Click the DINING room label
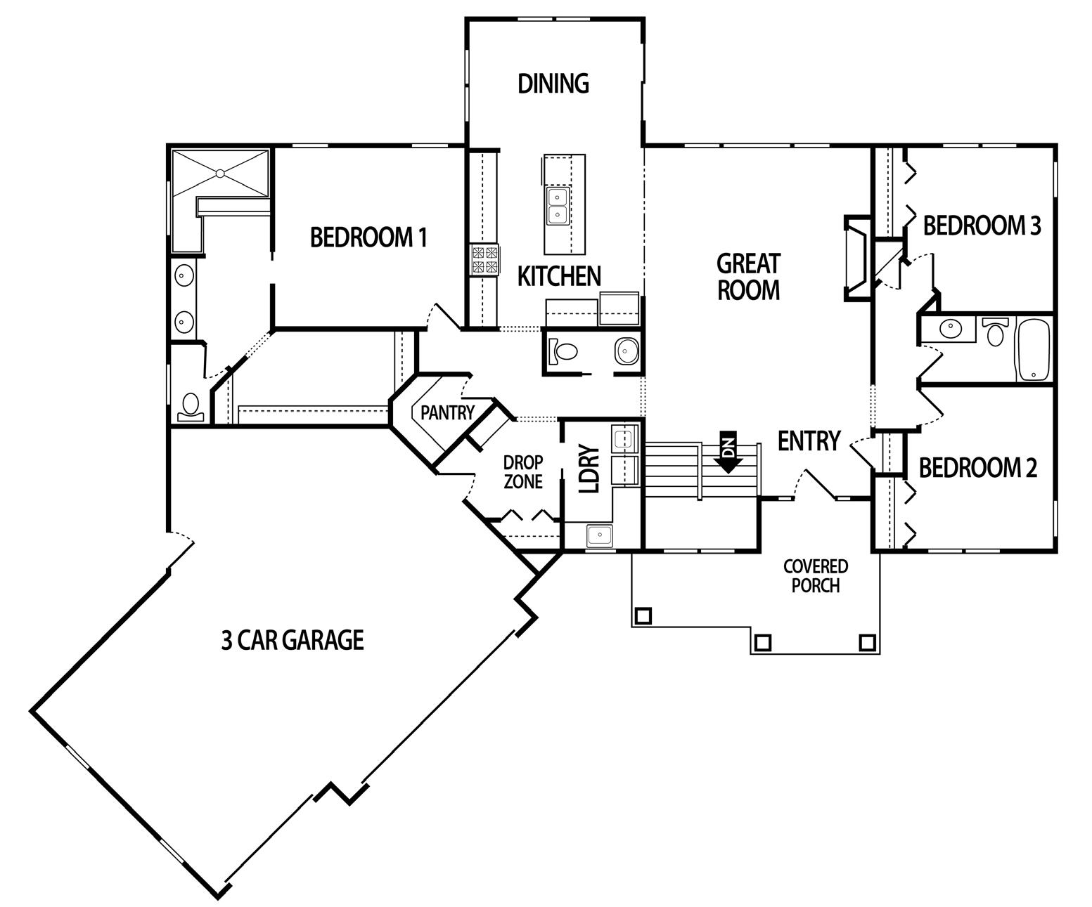pos(553,84)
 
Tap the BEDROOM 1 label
pos(368,237)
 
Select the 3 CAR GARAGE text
pos(293,640)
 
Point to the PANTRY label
pos(447,413)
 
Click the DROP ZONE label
pos(523,472)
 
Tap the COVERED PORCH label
pos(816,575)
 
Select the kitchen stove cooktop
pos(484,259)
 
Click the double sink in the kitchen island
pos(558,204)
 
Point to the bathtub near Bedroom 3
pos(1032,350)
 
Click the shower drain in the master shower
pos(220,173)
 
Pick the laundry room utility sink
pos(600,535)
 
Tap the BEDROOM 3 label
pos(982,226)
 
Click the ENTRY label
pos(809,441)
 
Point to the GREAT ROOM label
pos(748,277)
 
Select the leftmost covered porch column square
pos(643,615)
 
